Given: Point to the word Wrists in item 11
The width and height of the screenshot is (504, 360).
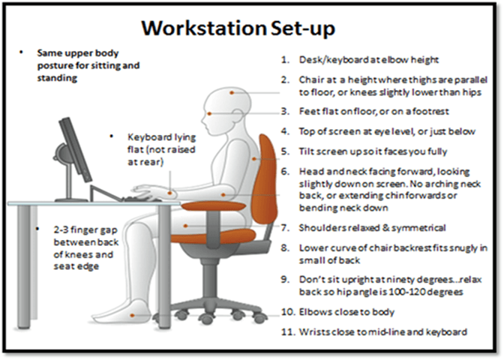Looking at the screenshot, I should pyautogui.click(x=314, y=331).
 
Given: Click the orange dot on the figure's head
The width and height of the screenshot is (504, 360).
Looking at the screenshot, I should pyautogui.click(x=232, y=92).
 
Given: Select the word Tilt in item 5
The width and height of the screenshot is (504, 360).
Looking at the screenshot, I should pyautogui.click(x=306, y=151).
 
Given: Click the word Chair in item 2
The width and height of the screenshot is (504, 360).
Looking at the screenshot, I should pyautogui.click(x=312, y=79).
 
